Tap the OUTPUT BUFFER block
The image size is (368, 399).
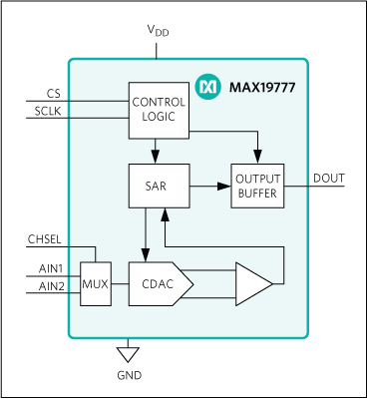click(x=258, y=185)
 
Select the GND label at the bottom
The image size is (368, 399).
click(x=129, y=376)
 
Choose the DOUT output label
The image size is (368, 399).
click(x=328, y=178)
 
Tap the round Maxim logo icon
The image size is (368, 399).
click(x=208, y=87)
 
